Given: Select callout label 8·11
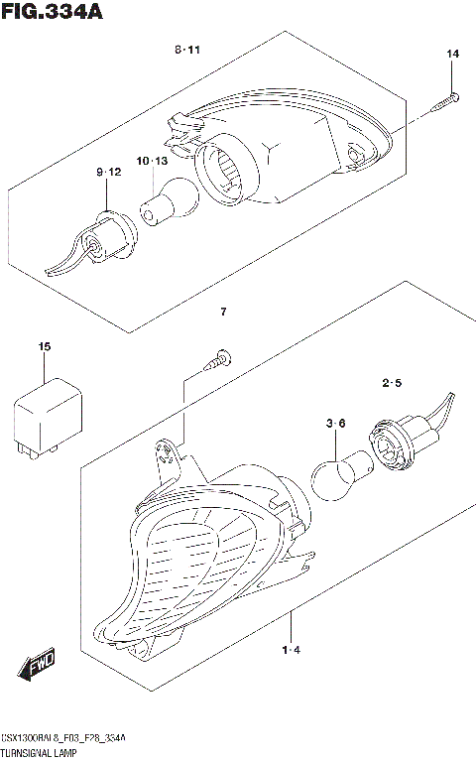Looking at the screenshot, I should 187,50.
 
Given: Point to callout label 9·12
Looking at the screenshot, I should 108,173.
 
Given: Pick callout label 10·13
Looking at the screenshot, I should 152,161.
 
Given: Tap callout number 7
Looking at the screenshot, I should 224,314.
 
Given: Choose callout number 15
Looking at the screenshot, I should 44,346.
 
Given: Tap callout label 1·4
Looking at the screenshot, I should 291,651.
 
